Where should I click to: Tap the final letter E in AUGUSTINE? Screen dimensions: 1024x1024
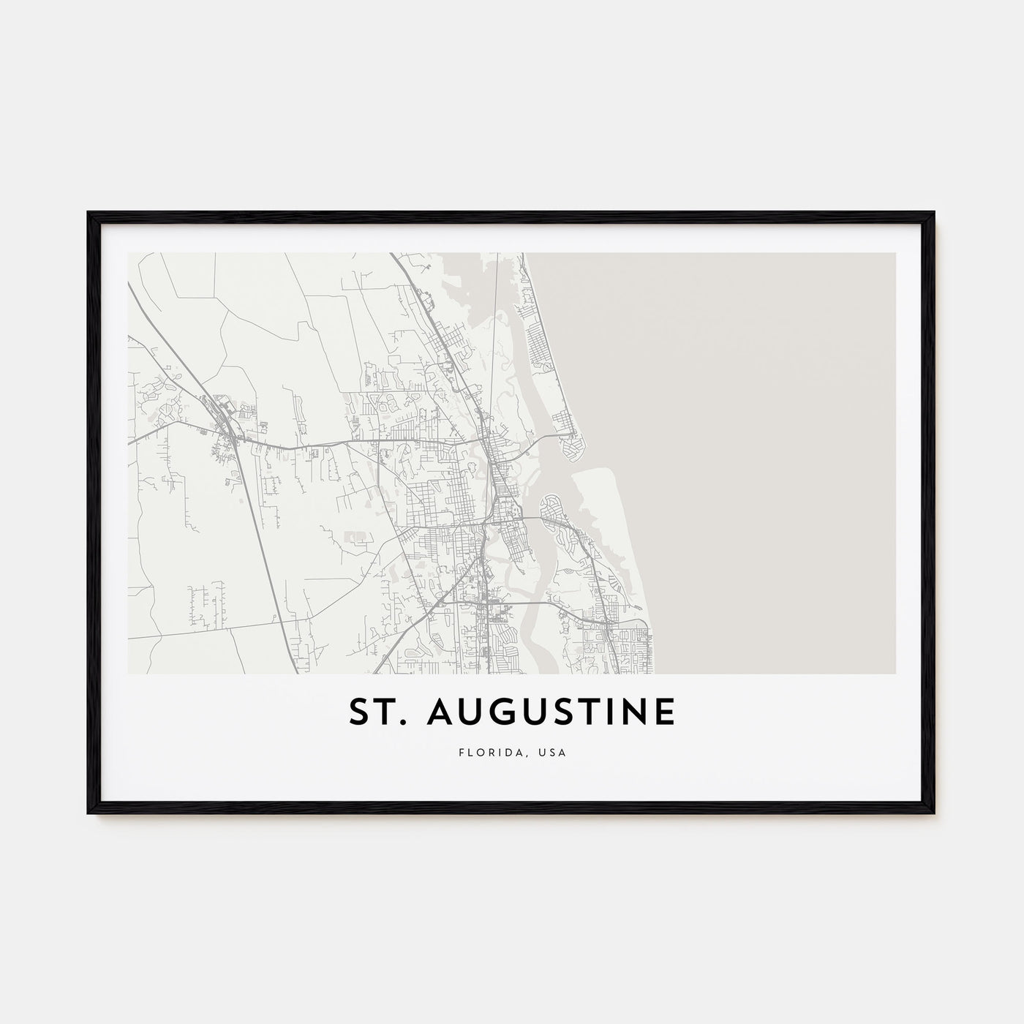[664, 712]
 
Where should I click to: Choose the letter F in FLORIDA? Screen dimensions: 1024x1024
[462, 752]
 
